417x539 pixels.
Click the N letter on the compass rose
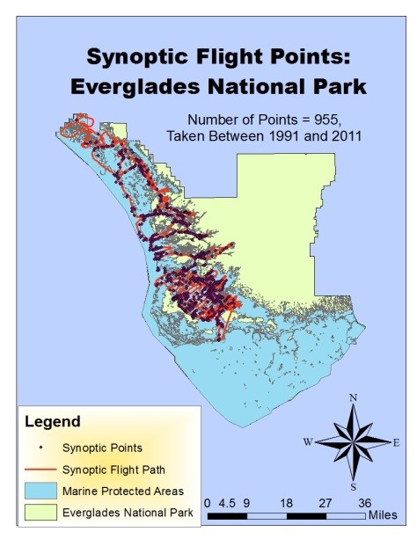click(353, 398)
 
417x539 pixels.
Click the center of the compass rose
click(353, 442)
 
